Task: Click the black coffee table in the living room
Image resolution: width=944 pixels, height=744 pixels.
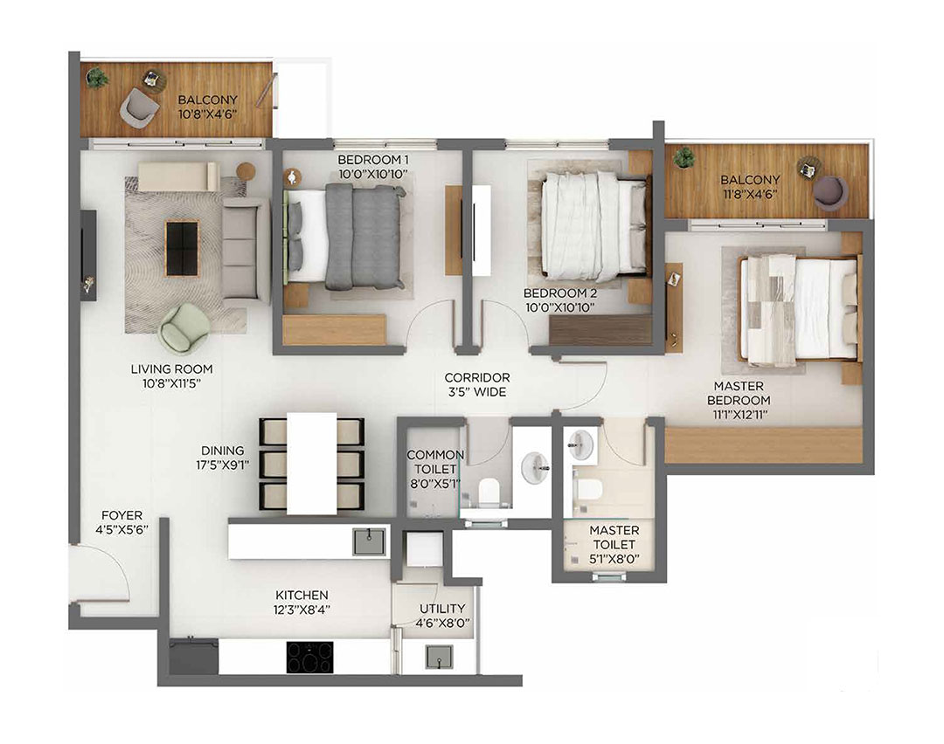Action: coord(182,248)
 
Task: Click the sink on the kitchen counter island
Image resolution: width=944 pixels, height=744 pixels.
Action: coord(369,541)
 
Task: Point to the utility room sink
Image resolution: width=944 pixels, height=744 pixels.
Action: coord(440,657)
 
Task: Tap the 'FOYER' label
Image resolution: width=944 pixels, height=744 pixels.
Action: coord(121,515)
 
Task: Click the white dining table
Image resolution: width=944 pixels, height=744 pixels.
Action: coord(312,463)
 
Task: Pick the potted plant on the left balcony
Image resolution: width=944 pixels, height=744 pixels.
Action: coord(97,78)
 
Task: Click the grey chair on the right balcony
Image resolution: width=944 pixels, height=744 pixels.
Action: coord(829,191)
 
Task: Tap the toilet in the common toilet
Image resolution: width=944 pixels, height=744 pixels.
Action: coord(488,494)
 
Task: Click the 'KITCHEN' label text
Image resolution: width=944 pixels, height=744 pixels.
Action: coord(302,595)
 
